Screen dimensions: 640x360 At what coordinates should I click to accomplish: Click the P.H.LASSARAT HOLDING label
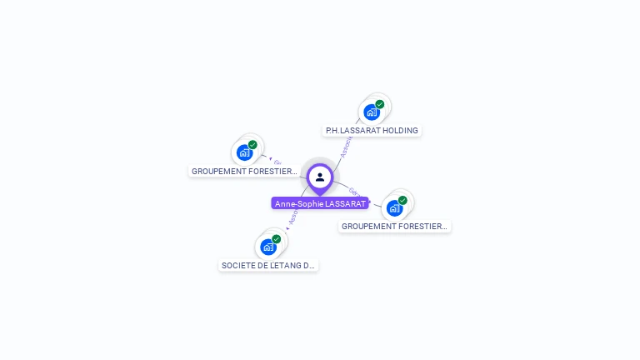(372, 131)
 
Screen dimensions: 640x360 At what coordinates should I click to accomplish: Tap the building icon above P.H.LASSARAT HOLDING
(372, 112)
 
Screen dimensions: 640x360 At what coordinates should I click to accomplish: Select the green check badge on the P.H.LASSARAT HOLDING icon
(380, 104)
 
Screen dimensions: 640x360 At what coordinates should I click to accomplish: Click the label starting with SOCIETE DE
(268, 266)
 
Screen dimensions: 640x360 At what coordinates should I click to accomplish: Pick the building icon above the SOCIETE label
(268, 247)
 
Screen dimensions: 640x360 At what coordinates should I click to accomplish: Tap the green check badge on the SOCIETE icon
(277, 239)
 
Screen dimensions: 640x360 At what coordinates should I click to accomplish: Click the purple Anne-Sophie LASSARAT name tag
(320, 203)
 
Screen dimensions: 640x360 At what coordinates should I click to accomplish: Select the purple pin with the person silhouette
(320, 177)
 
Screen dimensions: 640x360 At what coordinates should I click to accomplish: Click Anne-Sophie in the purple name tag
(294, 203)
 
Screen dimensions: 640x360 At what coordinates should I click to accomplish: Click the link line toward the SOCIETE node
(297, 211)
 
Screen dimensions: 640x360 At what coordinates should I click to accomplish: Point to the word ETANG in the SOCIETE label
(292, 266)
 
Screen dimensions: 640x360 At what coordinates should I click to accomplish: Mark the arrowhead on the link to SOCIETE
(287, 227)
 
